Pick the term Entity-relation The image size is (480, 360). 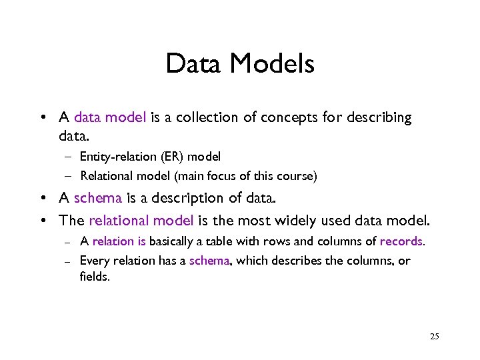pyautogui.click(x=109, y=157)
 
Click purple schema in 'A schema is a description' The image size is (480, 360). pyautogui.click(x=97, y=198)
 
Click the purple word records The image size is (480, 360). pyautogui.click(x=401, y=241)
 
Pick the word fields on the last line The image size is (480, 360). pyautogui.click(x=94, y=276)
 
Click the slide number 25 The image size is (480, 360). pyautogui.click(x=435, y=337)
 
